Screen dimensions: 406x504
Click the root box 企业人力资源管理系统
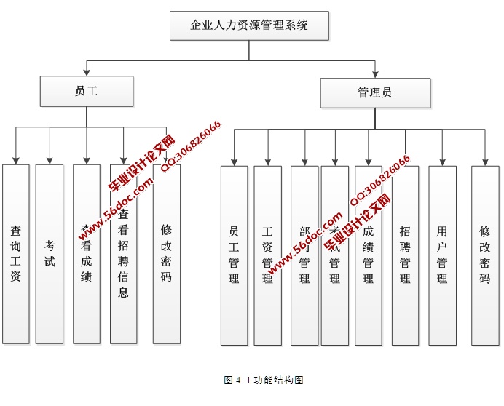tap(249, 25)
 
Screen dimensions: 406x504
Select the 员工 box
tap(86, 92)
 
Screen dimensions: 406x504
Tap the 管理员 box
tap(374, 92)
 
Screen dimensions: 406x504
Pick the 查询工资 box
tap(15, 253)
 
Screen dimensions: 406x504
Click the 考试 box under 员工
tap(50, 253)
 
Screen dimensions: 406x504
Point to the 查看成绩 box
tap(87, 253)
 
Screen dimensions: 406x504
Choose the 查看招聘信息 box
tap(123, 253)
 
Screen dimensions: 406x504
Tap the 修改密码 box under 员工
tap(166, 253)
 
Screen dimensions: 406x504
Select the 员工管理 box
tap(234, 255)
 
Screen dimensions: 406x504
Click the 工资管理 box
tap(267, 255)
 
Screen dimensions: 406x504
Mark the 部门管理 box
tap(304, 255)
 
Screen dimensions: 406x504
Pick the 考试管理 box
tap(334, 255)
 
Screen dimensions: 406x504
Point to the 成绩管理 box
tap(368, 255)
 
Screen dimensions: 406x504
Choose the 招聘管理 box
tap(405, 255)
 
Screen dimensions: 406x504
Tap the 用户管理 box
tap(442, 255)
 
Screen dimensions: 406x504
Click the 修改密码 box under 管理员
tap(485, 255)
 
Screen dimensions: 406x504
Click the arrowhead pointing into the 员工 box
tap(86, 73)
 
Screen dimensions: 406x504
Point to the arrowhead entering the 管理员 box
tap(374, 73)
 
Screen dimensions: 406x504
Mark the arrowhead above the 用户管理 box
tap(442, 161)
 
